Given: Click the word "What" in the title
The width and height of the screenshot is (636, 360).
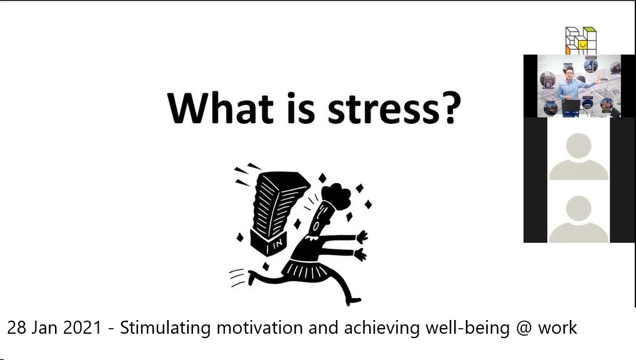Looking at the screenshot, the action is click(x=221, y=107).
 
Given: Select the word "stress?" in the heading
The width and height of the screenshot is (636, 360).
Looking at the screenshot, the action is click(x=394, y=109).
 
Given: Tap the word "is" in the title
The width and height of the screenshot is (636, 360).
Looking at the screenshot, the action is click(x=301, y=107).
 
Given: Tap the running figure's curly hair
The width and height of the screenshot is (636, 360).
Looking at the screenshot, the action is click(x=337, y=196).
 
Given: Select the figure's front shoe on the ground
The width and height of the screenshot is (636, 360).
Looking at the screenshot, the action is click(x=353, y=301).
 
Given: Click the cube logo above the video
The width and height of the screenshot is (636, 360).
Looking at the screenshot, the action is click(x=581, y=41).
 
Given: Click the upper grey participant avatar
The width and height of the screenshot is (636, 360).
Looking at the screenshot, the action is click(x=579, y=156).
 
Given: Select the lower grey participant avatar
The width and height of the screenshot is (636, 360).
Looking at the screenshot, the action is click(x=579, y=219).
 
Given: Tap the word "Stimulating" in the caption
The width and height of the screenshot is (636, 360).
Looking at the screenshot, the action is click(x=165, y=328).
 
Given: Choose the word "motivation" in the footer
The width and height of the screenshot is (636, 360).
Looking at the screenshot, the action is click(x=260, y=328).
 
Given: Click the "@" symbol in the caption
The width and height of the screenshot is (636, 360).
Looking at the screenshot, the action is click(x=524, y=328).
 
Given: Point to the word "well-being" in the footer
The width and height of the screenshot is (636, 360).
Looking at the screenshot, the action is click(x=467, y=328).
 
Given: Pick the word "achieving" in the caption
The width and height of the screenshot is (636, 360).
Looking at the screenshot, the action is click(x=382, y=328).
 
